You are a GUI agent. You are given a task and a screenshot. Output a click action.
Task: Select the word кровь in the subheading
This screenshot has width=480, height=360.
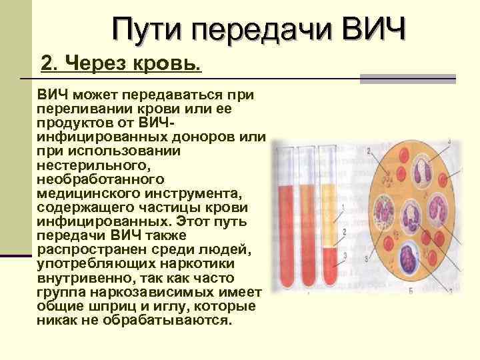point(172,65)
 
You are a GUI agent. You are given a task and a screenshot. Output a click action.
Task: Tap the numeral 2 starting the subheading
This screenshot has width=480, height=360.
point(47,65)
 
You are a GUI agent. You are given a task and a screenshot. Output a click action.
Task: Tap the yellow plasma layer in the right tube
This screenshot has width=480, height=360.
point(330,213)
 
